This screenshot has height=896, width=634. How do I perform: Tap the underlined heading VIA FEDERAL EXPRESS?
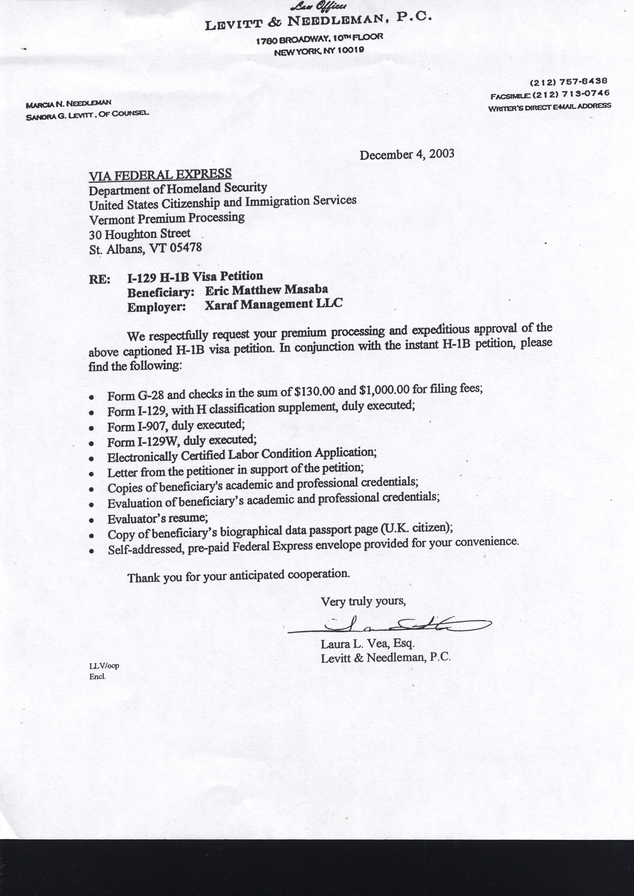(160, 175)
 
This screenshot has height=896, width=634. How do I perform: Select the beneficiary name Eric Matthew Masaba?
(266, 290)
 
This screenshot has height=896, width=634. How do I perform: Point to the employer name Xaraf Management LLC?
(273, 304)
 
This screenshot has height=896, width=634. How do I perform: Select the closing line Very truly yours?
(363, 601)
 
